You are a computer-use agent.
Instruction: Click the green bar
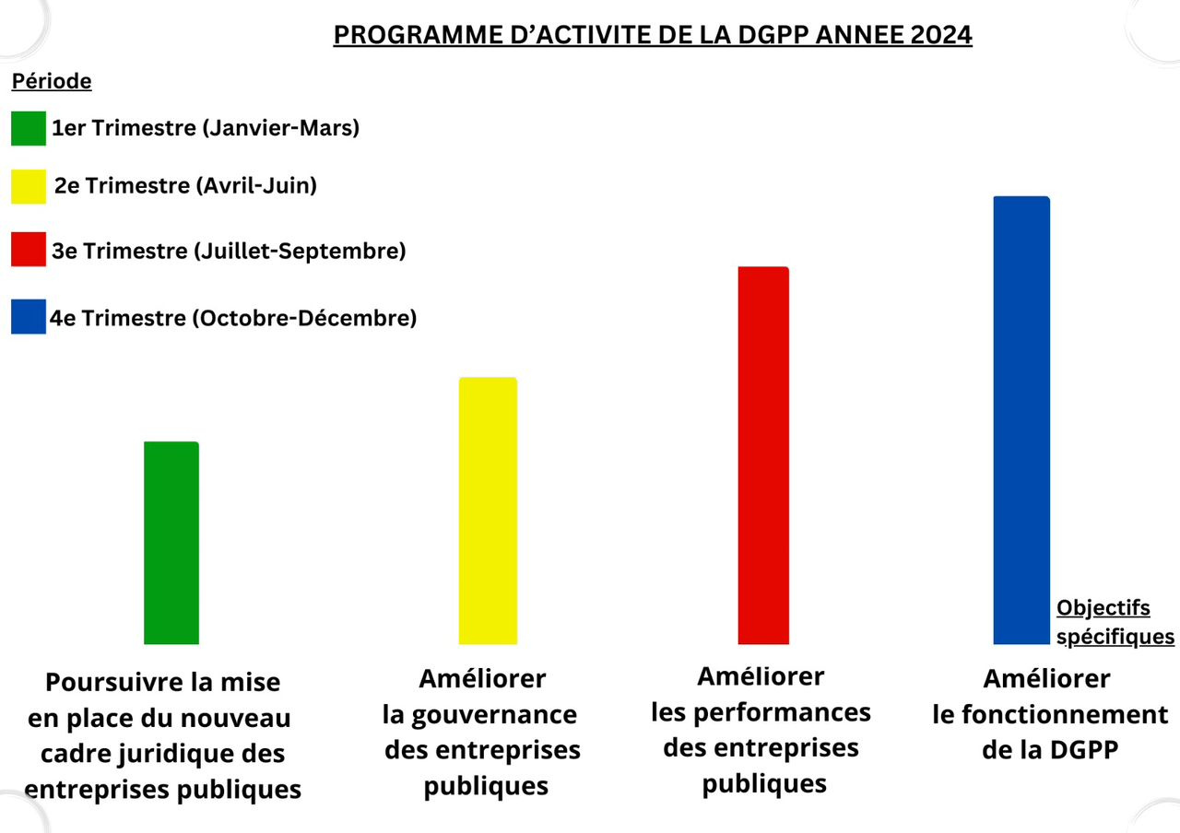click(171, 543)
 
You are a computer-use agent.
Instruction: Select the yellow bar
click(488, 510)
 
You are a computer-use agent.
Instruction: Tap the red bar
click(763, 455)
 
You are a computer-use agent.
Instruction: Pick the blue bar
click(1021, 420)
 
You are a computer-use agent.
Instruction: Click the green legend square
click(29, 128)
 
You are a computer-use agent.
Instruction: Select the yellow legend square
click(29, 186)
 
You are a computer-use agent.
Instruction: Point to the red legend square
click(29, 250)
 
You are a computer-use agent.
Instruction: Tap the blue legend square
click(29, 317)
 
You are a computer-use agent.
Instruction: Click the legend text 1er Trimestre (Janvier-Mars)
click(206, 128)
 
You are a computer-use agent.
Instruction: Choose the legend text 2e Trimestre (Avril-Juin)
click(185, 185)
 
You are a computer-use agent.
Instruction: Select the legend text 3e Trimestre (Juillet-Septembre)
click(229, 250)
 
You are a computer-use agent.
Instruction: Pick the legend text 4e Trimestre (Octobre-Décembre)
click(233, 318)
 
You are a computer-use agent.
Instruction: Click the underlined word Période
click(51, 81)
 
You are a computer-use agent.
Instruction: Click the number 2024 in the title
click(939, 35)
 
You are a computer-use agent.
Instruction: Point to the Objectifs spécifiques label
click(1115, 622)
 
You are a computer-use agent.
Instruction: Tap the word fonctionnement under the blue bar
click(1064, 714)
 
